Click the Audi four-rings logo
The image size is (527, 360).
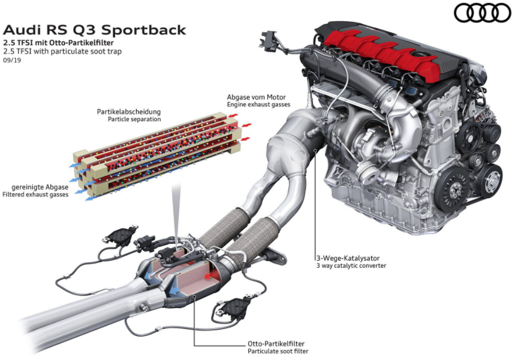[482, 12]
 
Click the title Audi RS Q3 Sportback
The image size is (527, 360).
[94, 29]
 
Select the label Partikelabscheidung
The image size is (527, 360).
[129, 111]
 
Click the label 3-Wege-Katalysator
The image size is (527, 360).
[349, 257]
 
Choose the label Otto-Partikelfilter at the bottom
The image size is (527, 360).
[276, 344]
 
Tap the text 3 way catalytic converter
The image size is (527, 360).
[351, 266]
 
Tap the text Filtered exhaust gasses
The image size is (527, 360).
[35, 194]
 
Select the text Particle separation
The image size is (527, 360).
[134, 119]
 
